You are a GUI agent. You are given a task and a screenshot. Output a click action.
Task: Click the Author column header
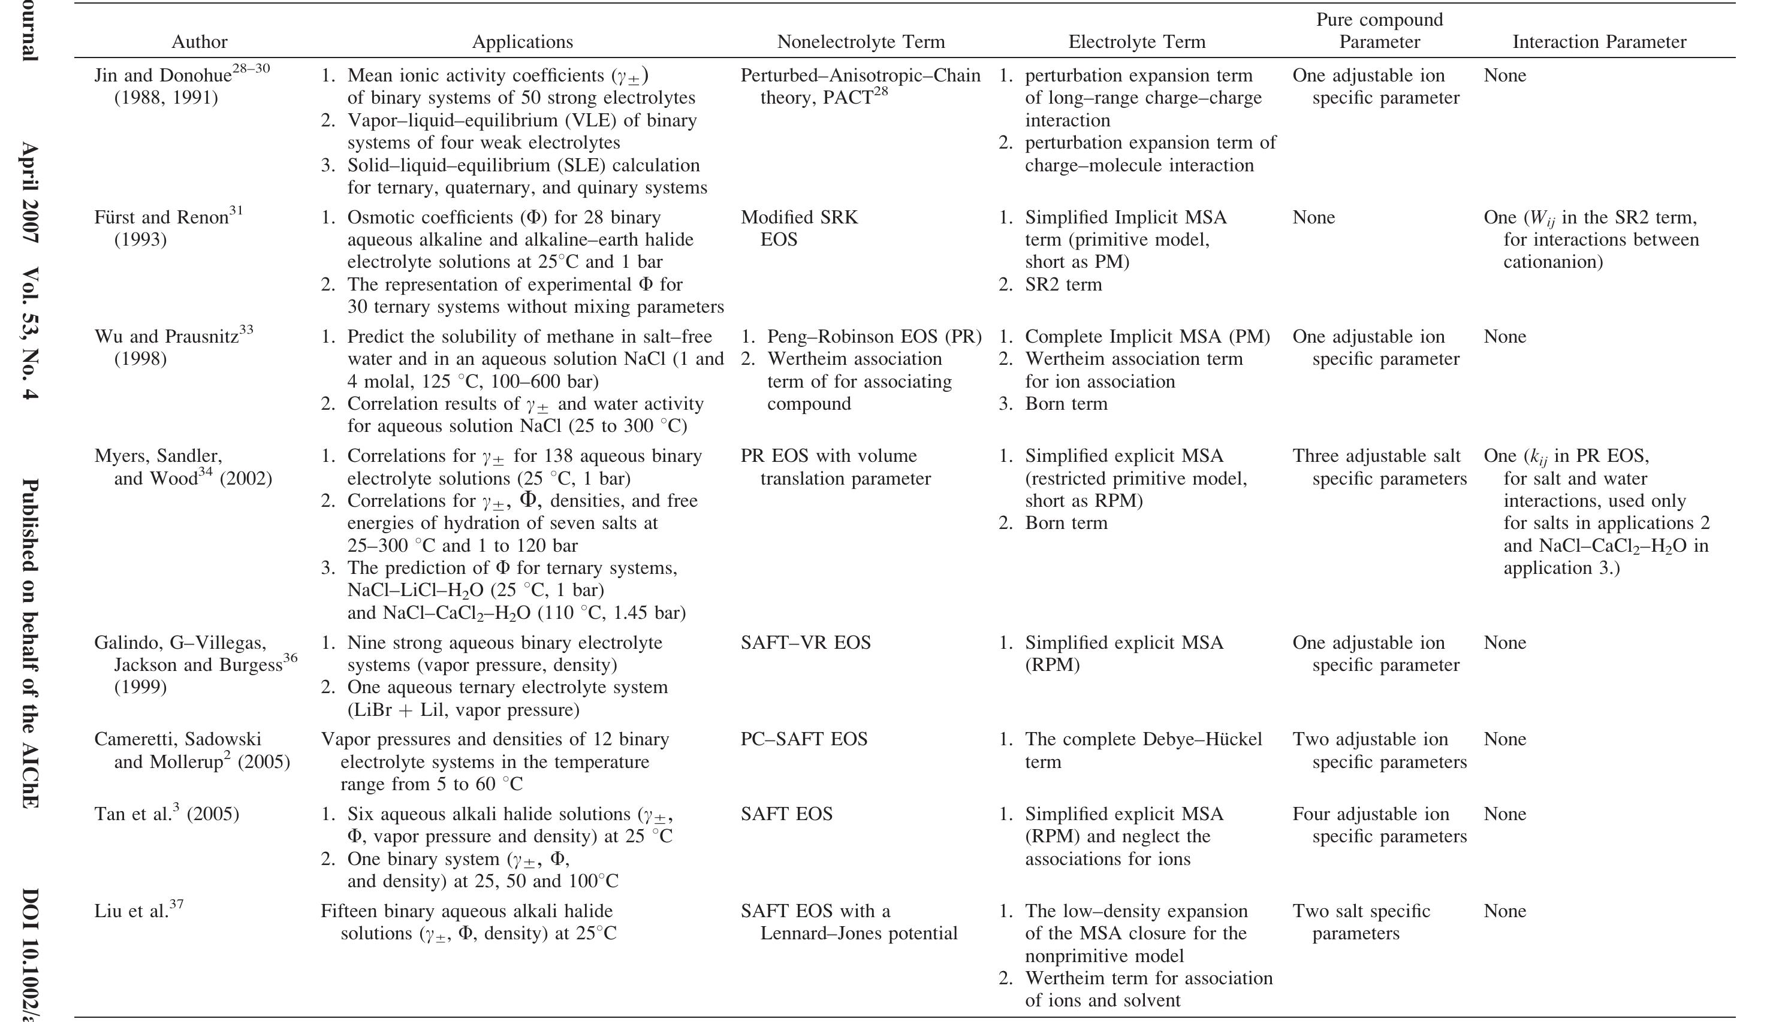(200, 42)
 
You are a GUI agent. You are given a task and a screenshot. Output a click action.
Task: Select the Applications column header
(523, 42)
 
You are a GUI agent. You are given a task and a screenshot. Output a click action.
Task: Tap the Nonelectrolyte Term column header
(861, 42)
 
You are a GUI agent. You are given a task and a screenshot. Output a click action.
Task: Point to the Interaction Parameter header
(1599, 42)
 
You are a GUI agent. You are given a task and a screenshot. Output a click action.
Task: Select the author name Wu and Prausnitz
(167, 337)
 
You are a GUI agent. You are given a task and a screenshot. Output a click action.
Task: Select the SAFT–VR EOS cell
(806, 643)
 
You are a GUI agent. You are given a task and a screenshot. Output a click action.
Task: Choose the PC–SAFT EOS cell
(804, 739)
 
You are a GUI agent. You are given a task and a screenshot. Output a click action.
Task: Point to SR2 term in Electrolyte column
(1063, 285)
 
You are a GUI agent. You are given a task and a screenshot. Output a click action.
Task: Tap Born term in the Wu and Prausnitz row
(1066, 404)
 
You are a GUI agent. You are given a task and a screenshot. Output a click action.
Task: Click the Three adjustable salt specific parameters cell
(1379, 467)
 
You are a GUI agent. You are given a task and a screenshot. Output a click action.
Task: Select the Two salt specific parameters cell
(1361, 923)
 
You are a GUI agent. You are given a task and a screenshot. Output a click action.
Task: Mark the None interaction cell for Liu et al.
(1504, 911)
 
